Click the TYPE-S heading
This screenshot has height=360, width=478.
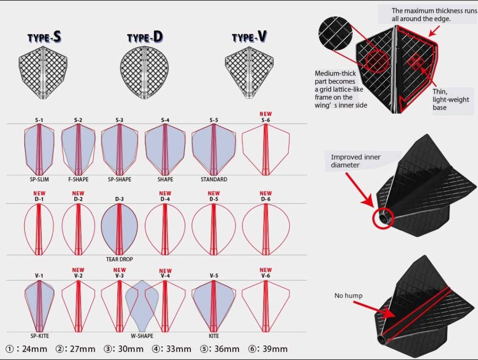[44, 37]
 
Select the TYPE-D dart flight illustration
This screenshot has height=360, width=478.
[144, 73]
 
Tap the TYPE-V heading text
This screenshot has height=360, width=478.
[249, 37]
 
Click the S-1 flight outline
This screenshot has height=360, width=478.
[39, 149]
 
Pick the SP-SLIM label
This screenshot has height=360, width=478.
[39, 180]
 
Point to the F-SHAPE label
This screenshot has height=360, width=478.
[78, 180]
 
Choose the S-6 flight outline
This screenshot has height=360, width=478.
[266, 149]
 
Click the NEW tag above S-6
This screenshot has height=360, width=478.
[266, 114]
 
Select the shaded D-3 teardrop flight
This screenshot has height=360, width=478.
[119, 230]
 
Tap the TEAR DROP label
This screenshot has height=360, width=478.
[119, 259]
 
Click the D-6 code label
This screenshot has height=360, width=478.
[266, 199]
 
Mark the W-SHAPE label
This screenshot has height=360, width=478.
[142, 336]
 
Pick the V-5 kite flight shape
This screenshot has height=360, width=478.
[214, 306]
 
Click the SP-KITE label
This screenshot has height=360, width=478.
[40, 336]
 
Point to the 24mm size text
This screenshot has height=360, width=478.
[35, 349]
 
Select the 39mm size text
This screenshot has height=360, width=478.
[275, 349]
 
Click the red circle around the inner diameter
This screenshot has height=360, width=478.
[383, 218]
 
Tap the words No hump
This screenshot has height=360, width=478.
[348, 295]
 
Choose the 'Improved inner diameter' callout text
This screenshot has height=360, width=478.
[356, 161]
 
